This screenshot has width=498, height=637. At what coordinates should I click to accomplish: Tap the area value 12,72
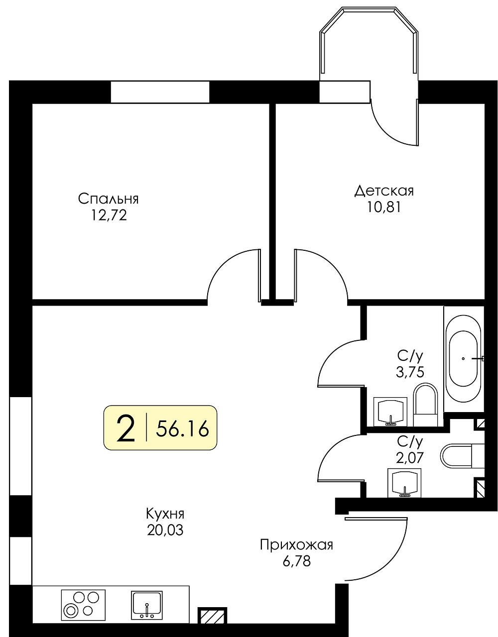coord(109,216)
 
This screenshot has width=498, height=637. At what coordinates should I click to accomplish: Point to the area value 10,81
coord(383,208)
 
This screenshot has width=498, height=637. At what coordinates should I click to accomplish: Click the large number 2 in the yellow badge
coord(125,429)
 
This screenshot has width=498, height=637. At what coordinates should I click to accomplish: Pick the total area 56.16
coord(182,428)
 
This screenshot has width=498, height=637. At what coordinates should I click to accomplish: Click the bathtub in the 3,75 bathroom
coord(464,359)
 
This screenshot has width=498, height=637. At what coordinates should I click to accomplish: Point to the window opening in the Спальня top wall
coord(160,92)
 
